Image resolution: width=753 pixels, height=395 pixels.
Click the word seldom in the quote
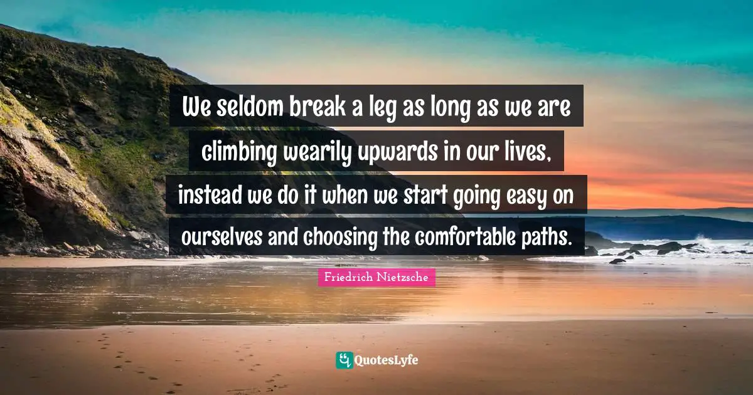[x=245, y=108]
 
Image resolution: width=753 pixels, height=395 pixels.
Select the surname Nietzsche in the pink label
[x=403, y=276]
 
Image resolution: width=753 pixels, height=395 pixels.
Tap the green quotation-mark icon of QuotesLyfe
[x=344, y=360]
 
